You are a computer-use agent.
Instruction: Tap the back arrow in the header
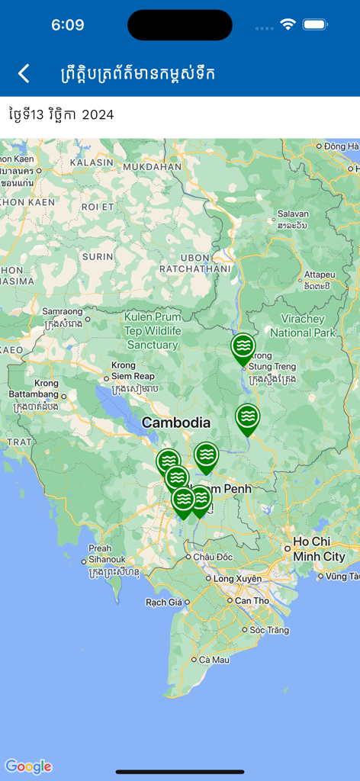pyautogui.click(x=24, y=73)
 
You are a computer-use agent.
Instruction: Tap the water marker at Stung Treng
pyautogui.click(x=243, y=348)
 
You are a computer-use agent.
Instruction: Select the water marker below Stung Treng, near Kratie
pyautogui.click(x=247, y=418)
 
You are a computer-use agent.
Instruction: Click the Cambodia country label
pyautogui.click(x=176, y=423)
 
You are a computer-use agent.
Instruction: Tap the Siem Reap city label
pyautogui.click(x=133, y=377)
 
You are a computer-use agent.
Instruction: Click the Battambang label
pyautogui.click(x=34, y=394)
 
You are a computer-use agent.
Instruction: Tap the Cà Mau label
pyautogui.click(x=214, y=659)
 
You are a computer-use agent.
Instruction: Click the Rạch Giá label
pyautogui.click(x=164, y=603)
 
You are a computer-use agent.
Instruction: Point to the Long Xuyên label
pyautogui.click(x=237, y=579)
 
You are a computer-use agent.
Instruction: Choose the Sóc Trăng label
pyautogui.click(x=267, y=630)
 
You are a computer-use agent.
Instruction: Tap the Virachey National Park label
pyautogui.click(x=303, y=326)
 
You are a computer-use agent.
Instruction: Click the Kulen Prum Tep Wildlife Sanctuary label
pyautogui.click(x=153, y=331)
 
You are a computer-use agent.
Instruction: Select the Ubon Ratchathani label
pyautogui.click(x=194, y=262)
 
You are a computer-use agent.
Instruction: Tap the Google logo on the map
pyautogui.click(x=28, y=767)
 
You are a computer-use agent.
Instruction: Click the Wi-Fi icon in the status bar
pyautogui.click(x=288, y=24)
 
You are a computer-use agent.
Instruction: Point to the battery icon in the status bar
pyautogui.click(x=315, y=24)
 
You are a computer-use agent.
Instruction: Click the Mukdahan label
pyautogui.click(x=152, y=166)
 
